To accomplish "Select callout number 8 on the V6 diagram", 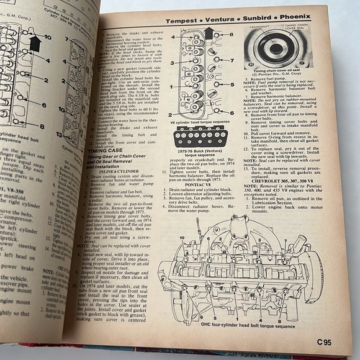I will click(x=231, y=35).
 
